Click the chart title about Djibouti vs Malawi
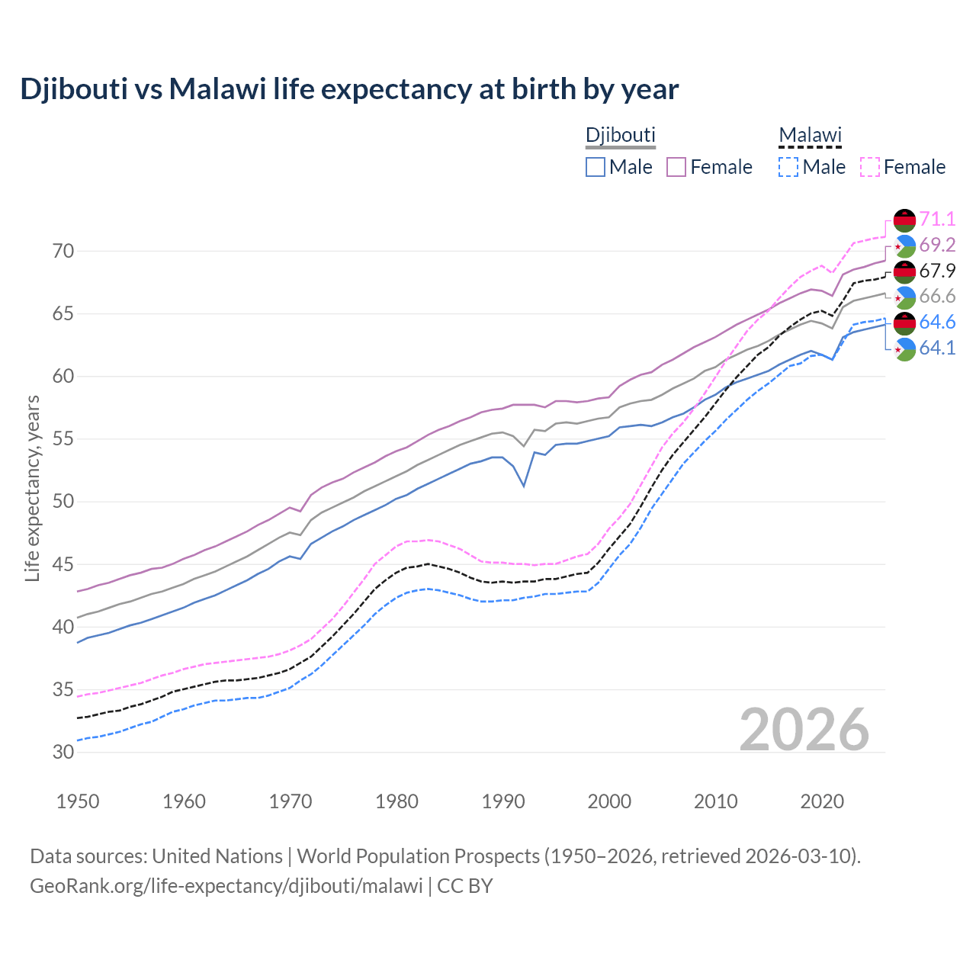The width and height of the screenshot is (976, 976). (349, 89)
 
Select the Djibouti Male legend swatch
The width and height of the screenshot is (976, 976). (596, 167)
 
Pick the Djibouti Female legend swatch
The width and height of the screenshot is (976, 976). (677, 167)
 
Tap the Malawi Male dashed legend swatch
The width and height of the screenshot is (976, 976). (788, 167)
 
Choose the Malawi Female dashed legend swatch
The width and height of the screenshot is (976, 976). (870, 167)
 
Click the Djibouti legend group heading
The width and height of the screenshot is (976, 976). (620, 135)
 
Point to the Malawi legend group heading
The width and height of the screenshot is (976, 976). (810, 135)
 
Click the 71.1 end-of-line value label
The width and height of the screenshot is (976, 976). (937, 220)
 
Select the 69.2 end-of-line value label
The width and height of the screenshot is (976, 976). (937, 245)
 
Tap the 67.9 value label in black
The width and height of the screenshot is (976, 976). (937, 271)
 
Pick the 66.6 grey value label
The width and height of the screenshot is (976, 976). (937, 297)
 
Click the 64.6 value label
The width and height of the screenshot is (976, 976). (937, 323)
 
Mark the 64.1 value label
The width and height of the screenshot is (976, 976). (937, 348)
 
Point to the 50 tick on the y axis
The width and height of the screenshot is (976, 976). (63, 502)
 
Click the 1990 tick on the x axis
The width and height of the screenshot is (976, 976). (503, 801)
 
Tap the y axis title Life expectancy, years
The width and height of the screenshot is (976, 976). (33, 488)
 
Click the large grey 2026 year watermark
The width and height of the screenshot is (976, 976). (804, 730)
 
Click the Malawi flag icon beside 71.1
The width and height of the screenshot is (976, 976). (904, 220)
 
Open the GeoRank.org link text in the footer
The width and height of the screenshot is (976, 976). (226, 886)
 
